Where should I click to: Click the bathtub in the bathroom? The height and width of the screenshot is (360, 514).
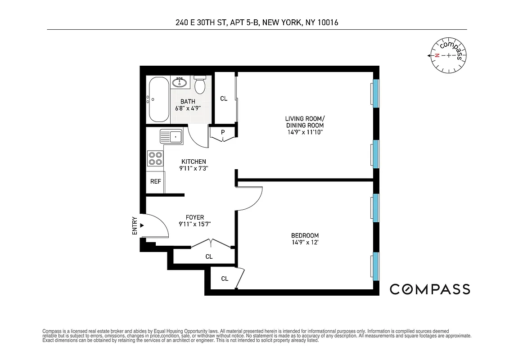[x=158, y=99]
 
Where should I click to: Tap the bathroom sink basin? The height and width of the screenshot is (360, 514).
[x=181, y=82]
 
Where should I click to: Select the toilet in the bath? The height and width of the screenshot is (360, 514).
[x=200, y=85]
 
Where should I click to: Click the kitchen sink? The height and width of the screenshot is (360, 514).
[x=171, y=135]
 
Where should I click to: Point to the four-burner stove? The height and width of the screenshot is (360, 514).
[x=155, y=158]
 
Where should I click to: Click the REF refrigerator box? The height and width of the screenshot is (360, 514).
[x=156, y=182]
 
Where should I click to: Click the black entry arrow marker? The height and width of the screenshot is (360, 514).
[x=142, y=225]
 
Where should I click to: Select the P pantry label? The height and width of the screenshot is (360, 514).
[x=222, y=132]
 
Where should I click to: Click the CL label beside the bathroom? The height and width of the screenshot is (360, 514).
[x=224, y=99]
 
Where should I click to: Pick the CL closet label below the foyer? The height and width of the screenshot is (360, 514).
[x=209, y=256]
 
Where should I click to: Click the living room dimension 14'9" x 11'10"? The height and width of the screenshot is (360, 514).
[x=305, y=132]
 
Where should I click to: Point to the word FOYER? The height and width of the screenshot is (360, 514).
[x=194, y=217]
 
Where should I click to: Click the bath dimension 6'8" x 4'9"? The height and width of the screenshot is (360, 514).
[x=188, y=108]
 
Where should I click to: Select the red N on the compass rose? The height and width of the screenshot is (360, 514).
[x=437, y=56]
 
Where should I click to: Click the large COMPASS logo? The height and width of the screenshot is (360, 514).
[x=430, y=289]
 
